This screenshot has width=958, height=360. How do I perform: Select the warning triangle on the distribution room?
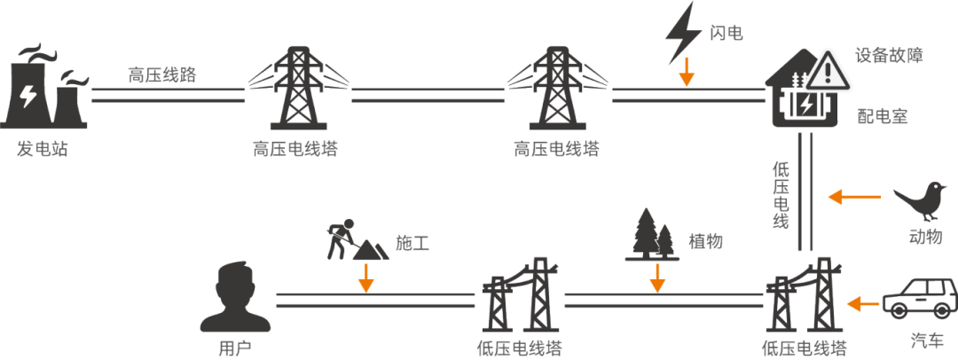tap(828, 70)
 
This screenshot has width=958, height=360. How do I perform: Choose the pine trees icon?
tap(652, 235)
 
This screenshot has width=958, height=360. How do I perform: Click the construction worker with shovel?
tap(357, 239)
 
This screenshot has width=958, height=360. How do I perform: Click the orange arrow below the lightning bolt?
tap(687, 72)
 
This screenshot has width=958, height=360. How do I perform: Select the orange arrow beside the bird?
tap(854, 197)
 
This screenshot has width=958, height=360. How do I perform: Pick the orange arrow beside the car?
tap(863, 302)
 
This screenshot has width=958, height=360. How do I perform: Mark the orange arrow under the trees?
tap(657, 278)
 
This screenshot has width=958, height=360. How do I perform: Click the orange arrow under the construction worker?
tap(366, 278)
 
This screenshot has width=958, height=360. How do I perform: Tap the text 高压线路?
tap(162, 74)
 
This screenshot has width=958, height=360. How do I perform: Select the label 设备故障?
tap(889, 56)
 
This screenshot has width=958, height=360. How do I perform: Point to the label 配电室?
tap(883, 115)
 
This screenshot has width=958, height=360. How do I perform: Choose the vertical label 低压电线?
tap(781, 195)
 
